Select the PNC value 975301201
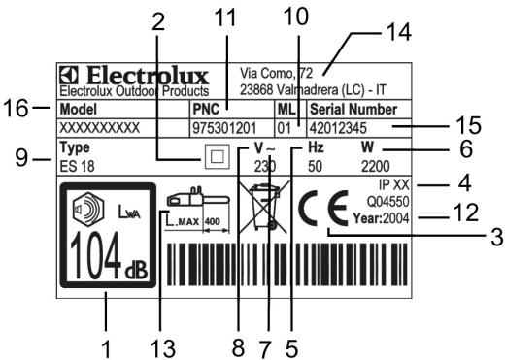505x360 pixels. (x=222, y=126)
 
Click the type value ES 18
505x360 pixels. (x=73, y=166)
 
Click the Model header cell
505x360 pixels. (x=83, y=109)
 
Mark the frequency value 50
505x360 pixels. (x=313, y=166)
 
